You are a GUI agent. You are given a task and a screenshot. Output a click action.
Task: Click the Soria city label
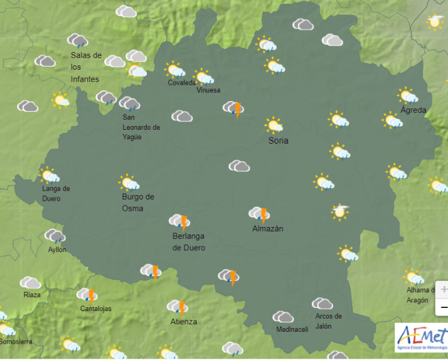tap(278, 141)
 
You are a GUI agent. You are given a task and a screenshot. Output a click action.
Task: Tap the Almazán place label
tap(267, 229)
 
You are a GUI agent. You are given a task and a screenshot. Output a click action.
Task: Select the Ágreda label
tap(413, 110)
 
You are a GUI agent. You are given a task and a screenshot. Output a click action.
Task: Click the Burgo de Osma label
tap(138, 202)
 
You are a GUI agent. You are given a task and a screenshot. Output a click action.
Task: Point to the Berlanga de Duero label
tap(189, 241)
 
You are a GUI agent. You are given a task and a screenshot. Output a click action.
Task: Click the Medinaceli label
tap(292, 330)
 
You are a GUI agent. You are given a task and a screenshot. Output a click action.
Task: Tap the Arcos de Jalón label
tap(328, 320)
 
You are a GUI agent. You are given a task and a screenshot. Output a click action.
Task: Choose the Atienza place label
tap(183, 322)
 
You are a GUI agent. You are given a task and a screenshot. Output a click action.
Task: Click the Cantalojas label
tap(97, 309)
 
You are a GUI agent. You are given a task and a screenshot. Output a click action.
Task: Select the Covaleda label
tap(182, 83)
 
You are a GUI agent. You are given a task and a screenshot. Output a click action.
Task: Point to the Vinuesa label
tap(208, 90)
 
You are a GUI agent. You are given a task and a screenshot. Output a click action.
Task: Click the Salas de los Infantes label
tap(85, 66)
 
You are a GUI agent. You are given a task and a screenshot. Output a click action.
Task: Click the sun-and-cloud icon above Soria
tap(274, 124)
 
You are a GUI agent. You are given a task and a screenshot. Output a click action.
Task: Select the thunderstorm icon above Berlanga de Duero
tap(179, 221)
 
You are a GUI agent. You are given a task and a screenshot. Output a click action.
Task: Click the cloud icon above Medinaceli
tap(283, 317)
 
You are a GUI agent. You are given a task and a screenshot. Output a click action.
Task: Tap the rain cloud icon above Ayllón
tap(55, 236)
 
